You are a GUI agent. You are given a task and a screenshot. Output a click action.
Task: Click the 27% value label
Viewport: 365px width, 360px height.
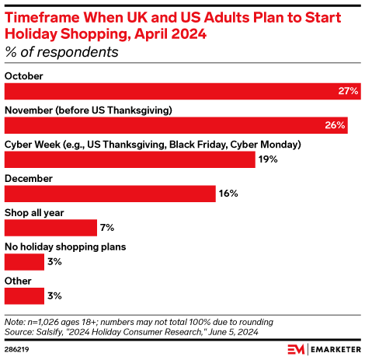(x=349, y=91)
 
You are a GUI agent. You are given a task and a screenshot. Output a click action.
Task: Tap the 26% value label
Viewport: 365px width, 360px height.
(x=336, y=125)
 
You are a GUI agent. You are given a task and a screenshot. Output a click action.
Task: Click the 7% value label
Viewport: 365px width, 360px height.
(x=107, y=228)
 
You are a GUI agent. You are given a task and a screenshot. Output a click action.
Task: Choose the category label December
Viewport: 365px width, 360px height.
(x=29, y=179)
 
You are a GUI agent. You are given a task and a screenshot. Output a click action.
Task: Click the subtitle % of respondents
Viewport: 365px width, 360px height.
(x=61, y=53)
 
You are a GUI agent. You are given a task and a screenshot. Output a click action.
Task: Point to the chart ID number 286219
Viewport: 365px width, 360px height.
(x=19, y=349)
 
